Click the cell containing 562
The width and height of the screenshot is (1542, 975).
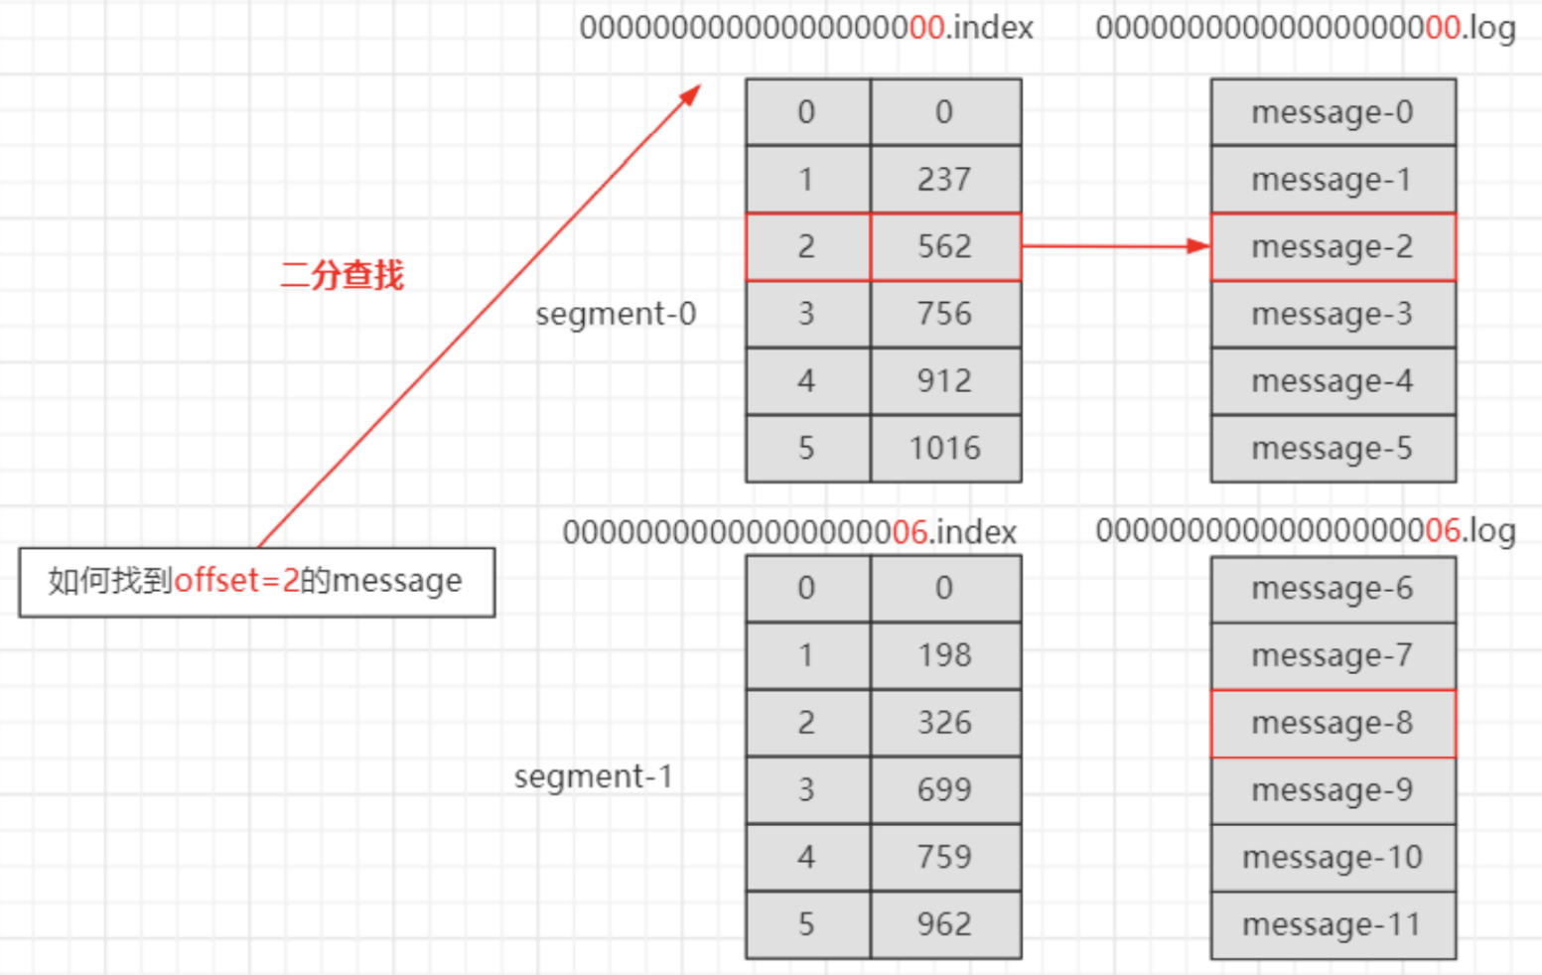[945, 246]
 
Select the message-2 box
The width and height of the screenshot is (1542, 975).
[1332, 246]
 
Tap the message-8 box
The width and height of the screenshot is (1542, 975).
[1332, 723]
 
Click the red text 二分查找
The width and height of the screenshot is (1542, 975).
[343, 275]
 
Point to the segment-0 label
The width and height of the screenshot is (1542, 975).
[616, 314]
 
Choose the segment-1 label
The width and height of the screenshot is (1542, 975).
[593, 776]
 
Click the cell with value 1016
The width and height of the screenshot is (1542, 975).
[945, 449]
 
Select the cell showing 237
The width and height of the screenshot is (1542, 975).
[945, 180]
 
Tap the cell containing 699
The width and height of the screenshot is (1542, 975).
[945, 790]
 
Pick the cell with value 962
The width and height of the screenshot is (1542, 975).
[945, 924]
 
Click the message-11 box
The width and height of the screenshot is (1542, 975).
[1332, 924]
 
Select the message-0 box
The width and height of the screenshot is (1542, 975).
[1332, 112]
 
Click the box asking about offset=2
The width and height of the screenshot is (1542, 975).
[256, 581]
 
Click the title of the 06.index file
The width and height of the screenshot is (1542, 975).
[789, 532]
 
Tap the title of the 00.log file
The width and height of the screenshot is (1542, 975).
[1306, 28]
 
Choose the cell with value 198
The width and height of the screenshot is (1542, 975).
[945, 655]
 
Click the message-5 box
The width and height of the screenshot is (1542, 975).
[1332, 449]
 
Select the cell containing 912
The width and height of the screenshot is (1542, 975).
[945, 381]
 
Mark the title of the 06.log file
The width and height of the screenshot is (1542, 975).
[1306, 531]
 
